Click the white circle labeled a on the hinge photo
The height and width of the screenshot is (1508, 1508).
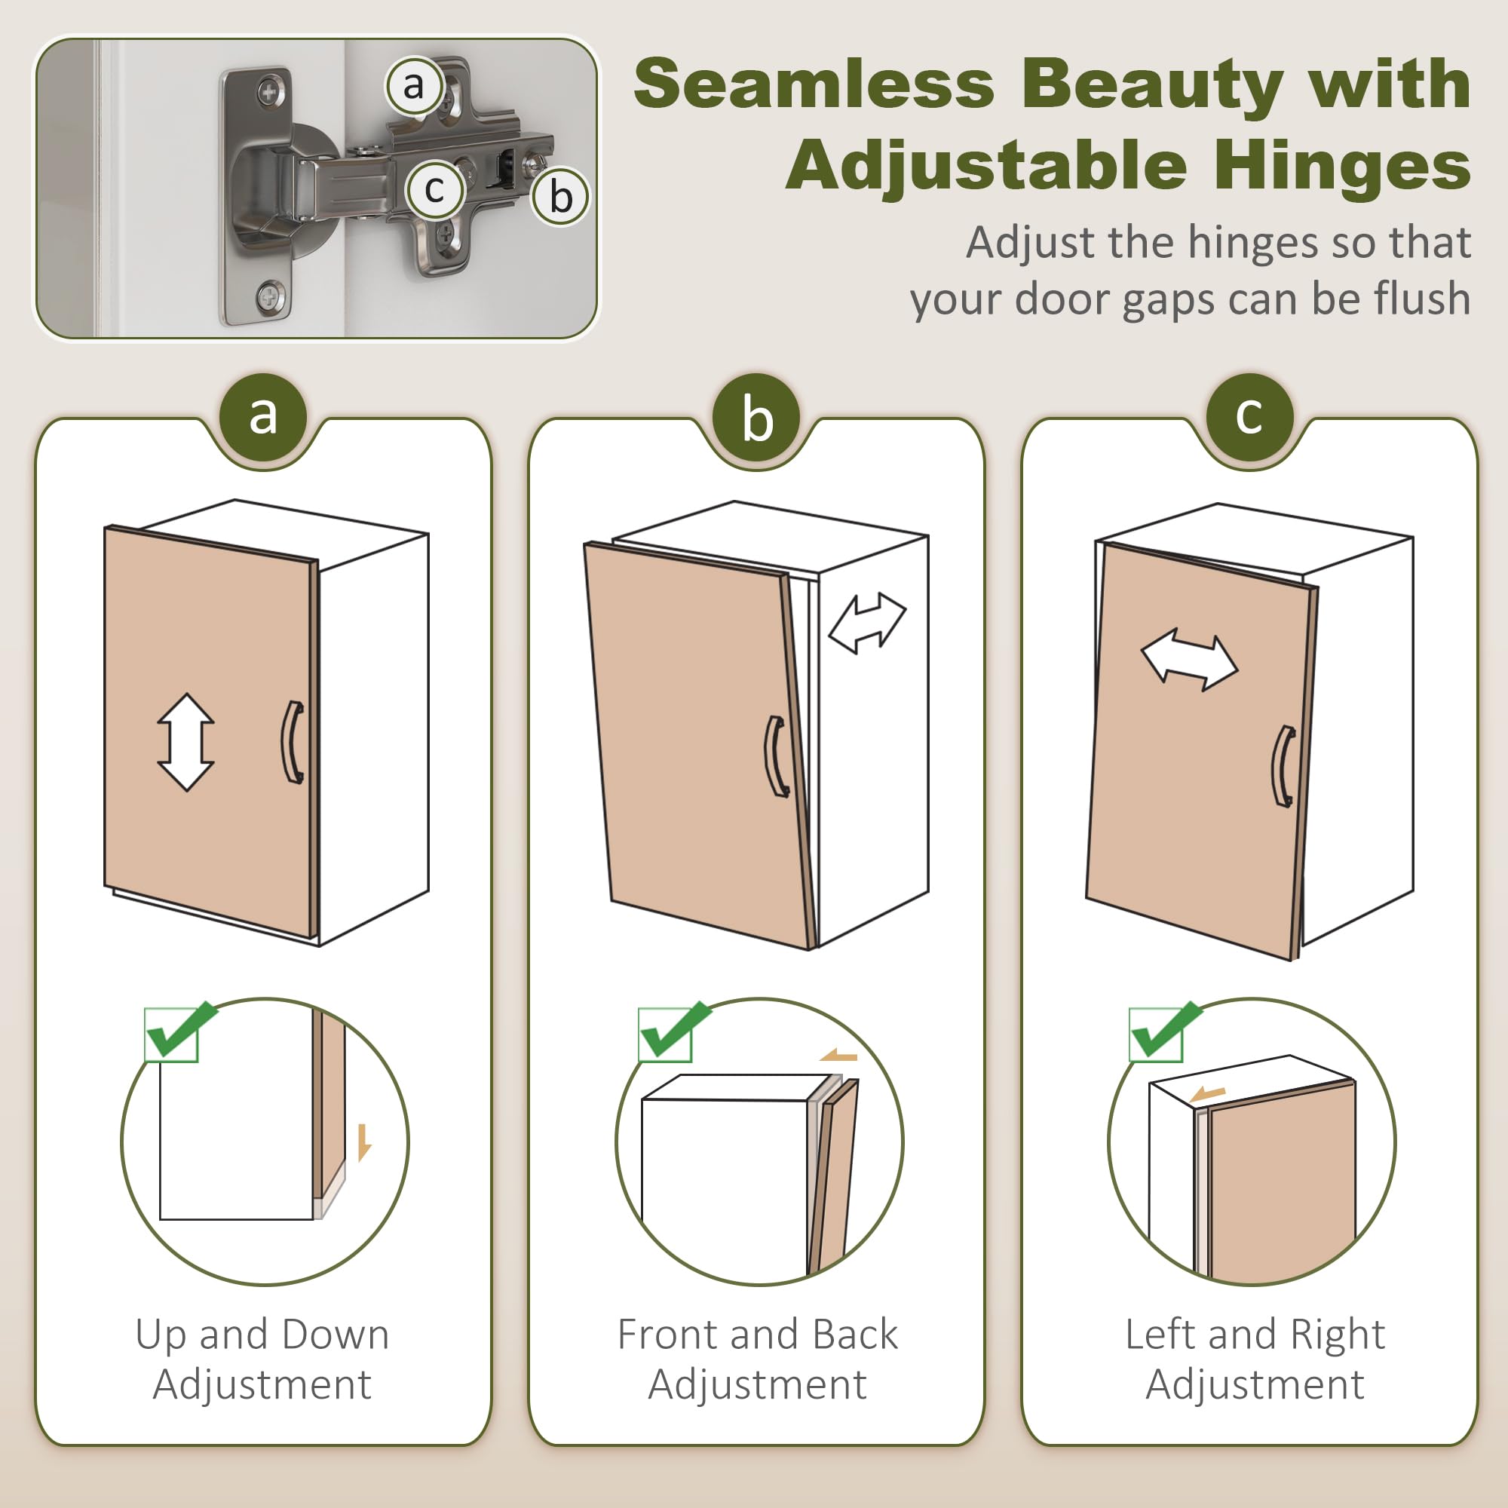pos(414,85)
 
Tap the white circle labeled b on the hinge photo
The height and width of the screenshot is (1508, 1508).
pos(560,196)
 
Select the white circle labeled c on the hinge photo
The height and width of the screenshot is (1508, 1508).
pos(435,189)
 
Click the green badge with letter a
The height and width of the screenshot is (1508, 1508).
pos(263,418)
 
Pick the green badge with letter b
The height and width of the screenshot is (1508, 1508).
pos(756,418)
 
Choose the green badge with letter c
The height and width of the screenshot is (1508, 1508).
pos(1249,418)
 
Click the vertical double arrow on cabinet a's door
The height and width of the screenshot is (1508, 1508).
pos(185,741)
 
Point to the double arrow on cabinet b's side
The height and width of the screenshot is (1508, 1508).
pos(866,622)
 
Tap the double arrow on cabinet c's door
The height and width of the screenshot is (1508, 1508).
pos(1190,661)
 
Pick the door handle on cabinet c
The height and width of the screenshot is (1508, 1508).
pos(1282,767)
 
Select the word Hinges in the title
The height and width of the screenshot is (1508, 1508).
pos(1343,166)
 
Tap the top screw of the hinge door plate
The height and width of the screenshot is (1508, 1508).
pos(269,93)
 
